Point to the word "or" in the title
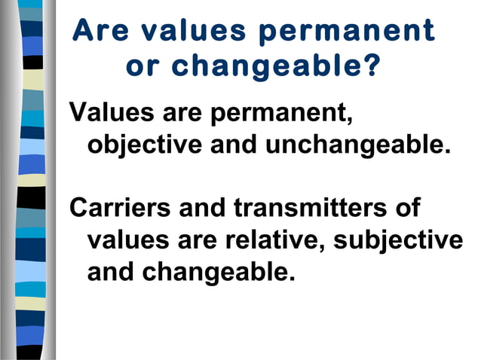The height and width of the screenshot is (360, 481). click(142, 66)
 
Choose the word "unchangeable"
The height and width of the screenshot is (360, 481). click(357, 144)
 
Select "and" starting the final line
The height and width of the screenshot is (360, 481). click(111, 270)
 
